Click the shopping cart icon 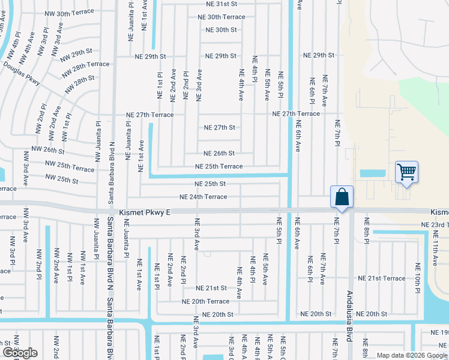click(406, 173)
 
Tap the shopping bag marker click(342, 197)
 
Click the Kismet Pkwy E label click(145, 212)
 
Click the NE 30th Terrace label click(221, 17)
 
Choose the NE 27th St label click(219, 127)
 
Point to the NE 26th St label click(218, 153)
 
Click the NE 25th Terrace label click(218, 166)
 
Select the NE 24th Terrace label click(203, 197)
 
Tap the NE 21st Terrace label click(382, 278)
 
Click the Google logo click(20, 353)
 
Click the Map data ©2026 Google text click(411, 355)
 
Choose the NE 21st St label click(211, 288)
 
